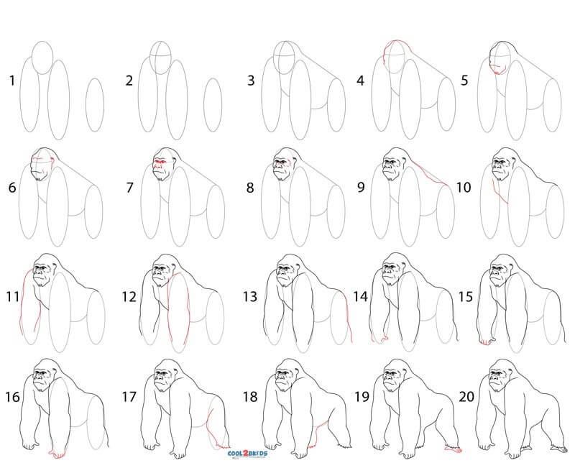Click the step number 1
[x=12, y=81]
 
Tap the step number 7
[x=129, y=188]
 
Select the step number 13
[x=250, y=296]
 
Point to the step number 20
[x=466, y=397]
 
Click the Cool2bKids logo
[x=247, y=454]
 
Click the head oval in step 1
[x=42, y=58]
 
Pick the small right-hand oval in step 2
[x=213, y=105]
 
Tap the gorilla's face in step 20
[x=496, y=378]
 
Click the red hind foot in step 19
[x=454, y=449]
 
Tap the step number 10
[x=464, y=188]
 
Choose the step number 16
[x=12, y=397]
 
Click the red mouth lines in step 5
[x=497, y=70]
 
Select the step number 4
[x=361, y=81]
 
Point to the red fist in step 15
[x=487, y=341]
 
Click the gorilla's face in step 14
[x=390, y=273]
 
